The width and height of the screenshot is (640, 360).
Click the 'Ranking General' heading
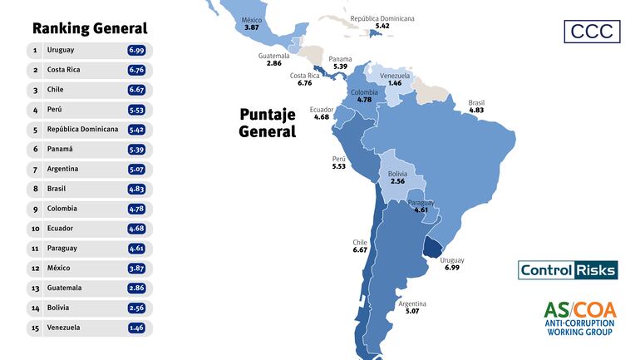[x=89, y=28]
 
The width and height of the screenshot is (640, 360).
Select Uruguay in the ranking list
[x=61, y=51]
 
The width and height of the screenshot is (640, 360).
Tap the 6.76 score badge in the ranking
[x=137, y=71]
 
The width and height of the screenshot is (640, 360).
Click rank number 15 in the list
[x=35, y=328]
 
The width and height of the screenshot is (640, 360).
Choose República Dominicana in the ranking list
[x=82, y=130]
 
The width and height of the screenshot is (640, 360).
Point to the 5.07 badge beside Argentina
[x=137, y=170]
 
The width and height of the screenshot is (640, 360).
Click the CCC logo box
[x=591, y=31]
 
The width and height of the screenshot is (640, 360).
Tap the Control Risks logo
[x=568, y=270]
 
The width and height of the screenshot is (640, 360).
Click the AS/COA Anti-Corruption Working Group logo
[x=580, y=318]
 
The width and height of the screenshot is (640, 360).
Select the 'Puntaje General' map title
[x=268, y=123]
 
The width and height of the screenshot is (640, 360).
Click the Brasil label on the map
[x=476, y=103]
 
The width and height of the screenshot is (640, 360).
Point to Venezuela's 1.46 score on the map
[x=395, y=84]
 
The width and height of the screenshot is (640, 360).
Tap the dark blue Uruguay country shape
[x=435, y=247]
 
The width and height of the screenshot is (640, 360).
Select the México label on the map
[x=252, y=20]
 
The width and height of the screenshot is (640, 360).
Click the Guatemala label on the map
[x=273, y=56]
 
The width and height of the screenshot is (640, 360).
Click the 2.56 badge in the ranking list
[x=137, y=308]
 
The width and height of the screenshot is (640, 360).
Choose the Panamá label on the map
[x=340, y=58]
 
